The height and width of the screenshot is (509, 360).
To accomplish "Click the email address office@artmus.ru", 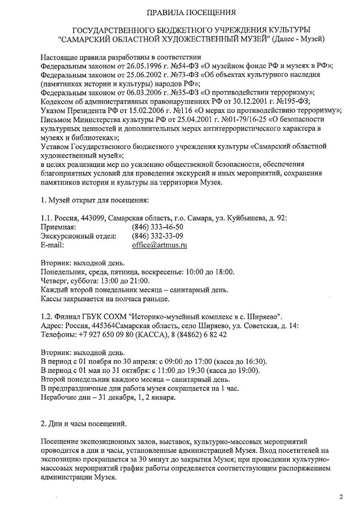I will click(159, 246).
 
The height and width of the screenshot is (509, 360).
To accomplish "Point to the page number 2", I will click(341, 497).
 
